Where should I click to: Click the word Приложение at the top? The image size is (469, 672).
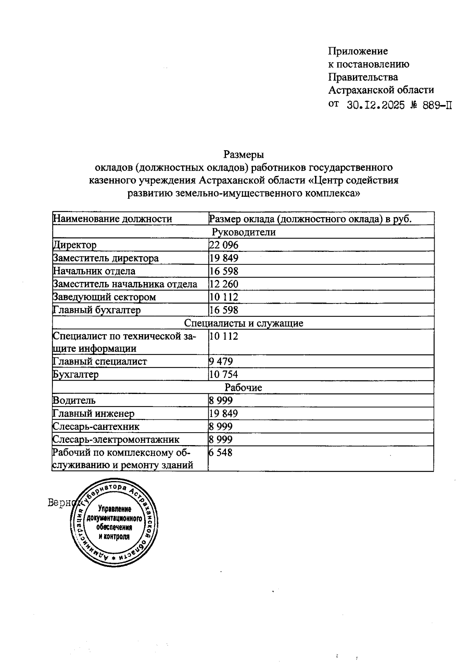pyautogui.click(x=358, y=51)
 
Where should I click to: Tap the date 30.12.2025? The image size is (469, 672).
pyautogui.click(x=376, y=105)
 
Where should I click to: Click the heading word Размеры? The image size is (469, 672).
pyautogui.click(x=243, y=155)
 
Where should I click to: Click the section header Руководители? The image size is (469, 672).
pyautogui.click(x=243, y=232)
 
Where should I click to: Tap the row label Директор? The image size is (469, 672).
pyautogui.click(x=75, y=245)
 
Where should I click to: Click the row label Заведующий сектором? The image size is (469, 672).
pyautogui.click(x=104, y=297)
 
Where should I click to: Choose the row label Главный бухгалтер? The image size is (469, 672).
pyautogui.click(x=97, y=310)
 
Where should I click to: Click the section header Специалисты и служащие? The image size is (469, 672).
pyautogui.click(x=243, y=323)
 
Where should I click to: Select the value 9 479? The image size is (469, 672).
pyautogui.click(x=221, y=361)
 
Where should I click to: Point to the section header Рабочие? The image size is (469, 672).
pyautogui.click(x=243, y=387)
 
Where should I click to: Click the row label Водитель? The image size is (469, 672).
pyautogui.click(x=74, y=401)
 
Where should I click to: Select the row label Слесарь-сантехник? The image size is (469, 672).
pyautogui.click(x=96, y=426)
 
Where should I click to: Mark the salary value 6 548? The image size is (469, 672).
pyautogui.click(x=221, y=453)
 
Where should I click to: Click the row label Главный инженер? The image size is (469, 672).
pyautogui.click(x=93, y=414)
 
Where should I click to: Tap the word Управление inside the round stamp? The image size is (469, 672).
pyautogui.click(x=115, y=510)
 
